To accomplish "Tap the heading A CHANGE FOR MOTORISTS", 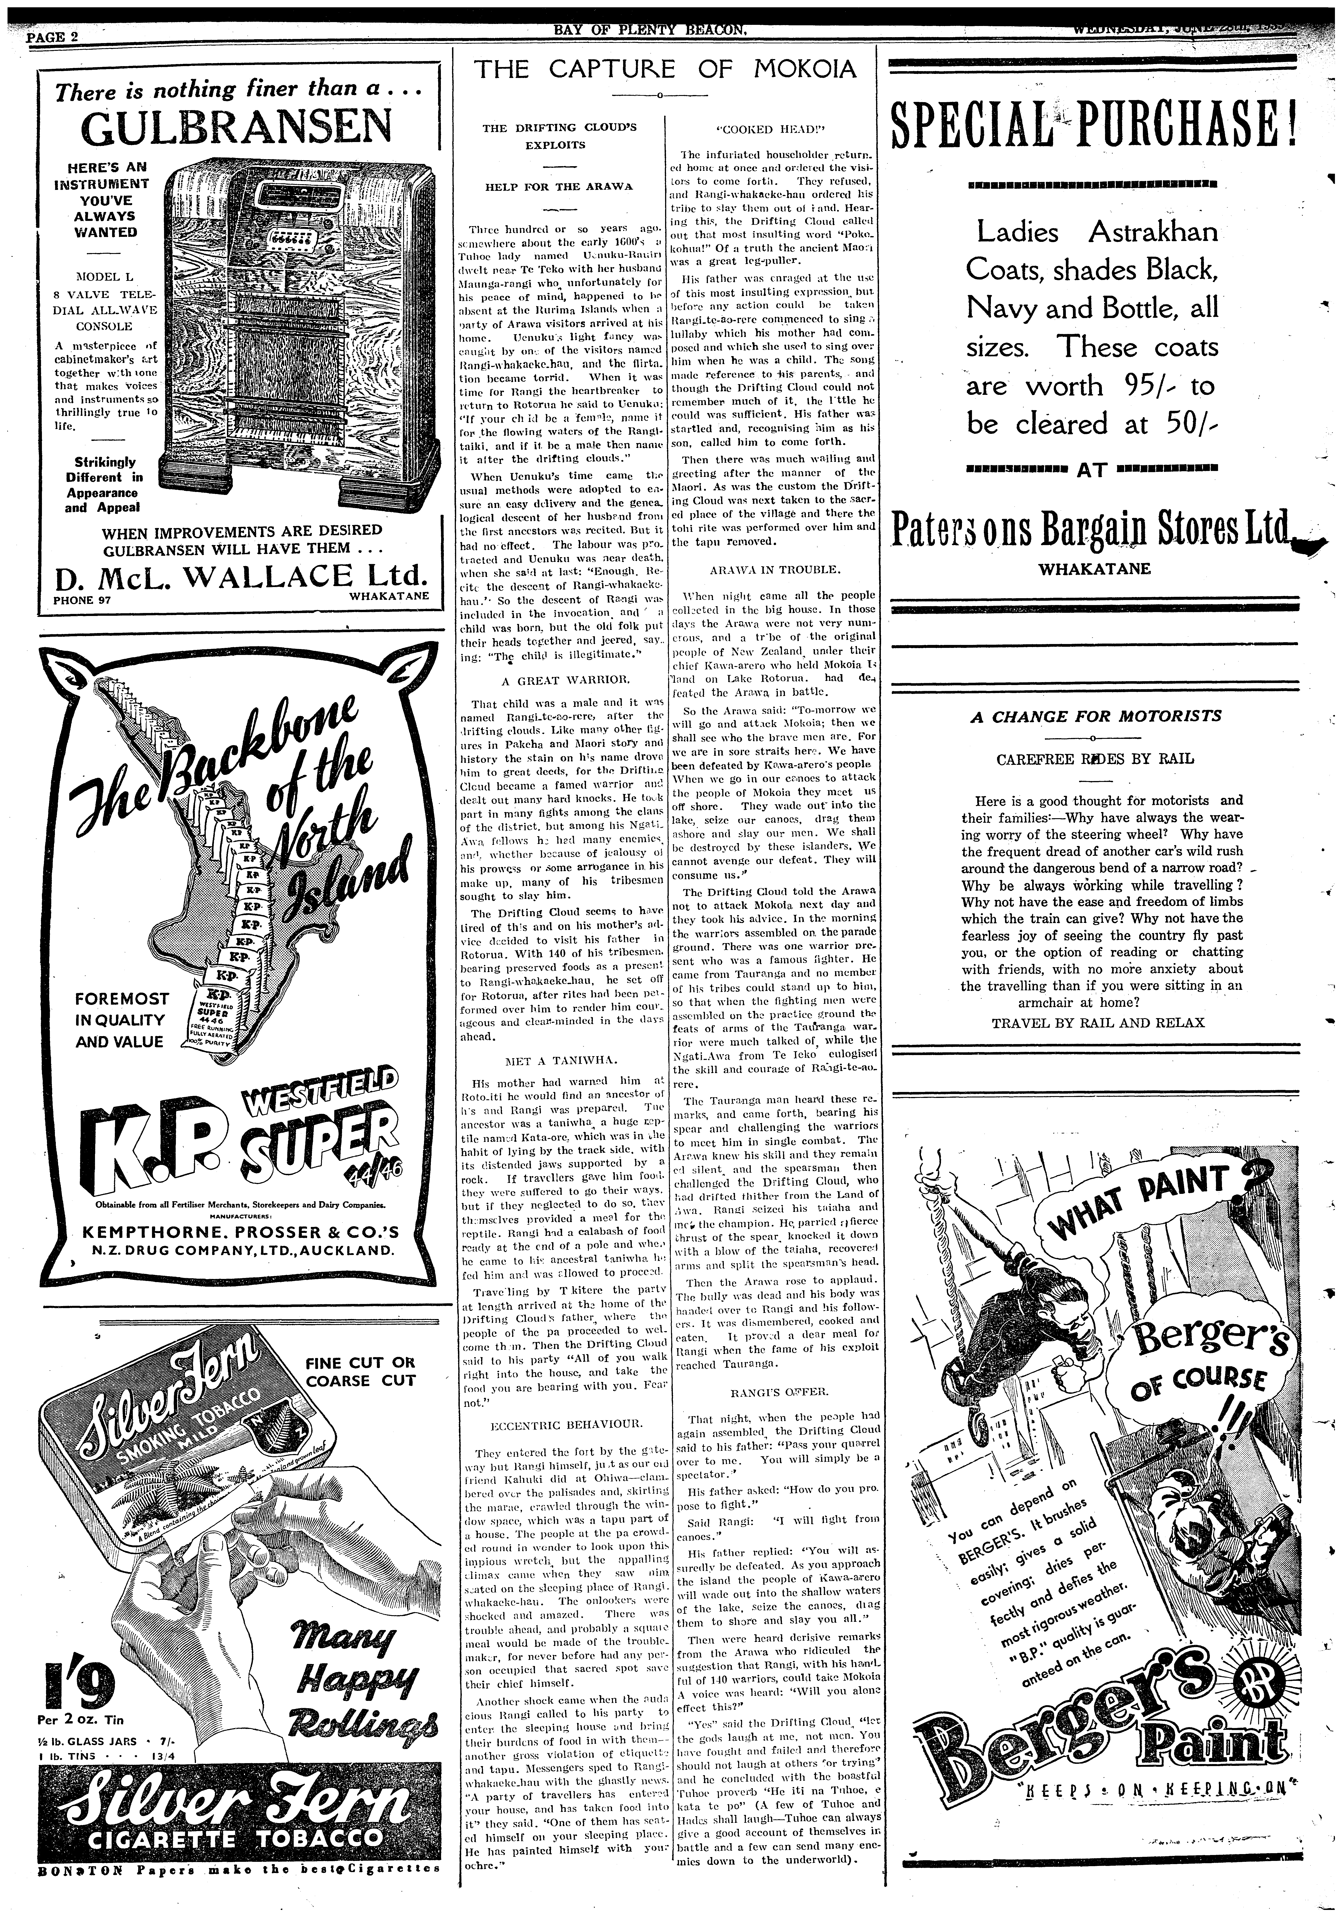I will coord(1095,716).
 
